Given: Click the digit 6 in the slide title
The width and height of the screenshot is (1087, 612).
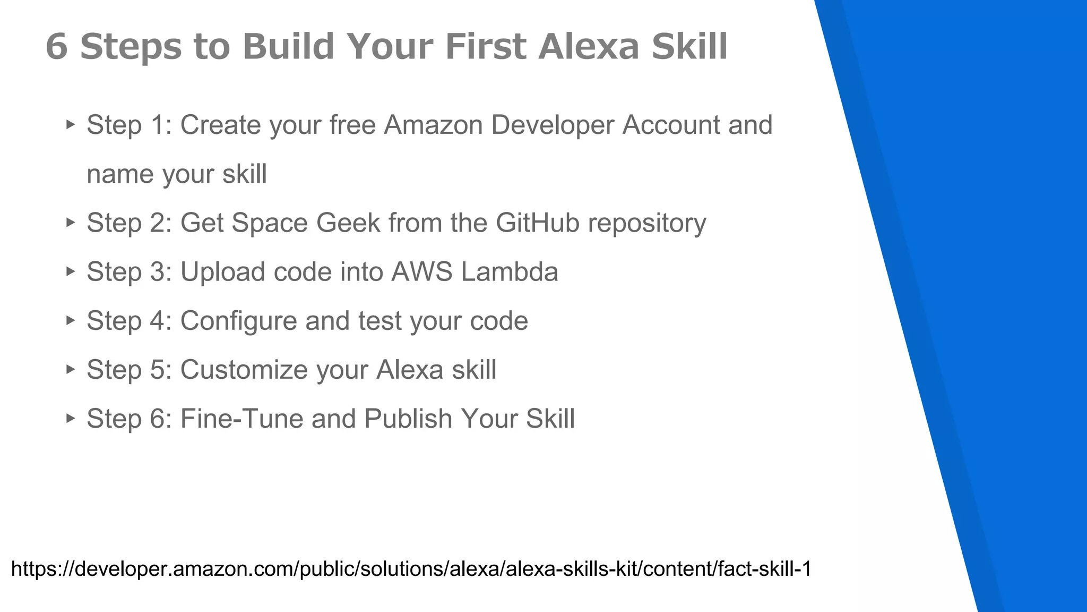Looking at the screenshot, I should pyautogui.click(x=57, y=46).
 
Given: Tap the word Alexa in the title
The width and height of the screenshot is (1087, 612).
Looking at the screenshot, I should pyautogui.click(x=588, y=46).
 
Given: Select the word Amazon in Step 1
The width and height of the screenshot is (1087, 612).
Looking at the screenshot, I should pyautogui.click(x=433, y=125).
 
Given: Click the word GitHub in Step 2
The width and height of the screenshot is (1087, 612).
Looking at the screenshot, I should pyautogui.click(x=537, y=223).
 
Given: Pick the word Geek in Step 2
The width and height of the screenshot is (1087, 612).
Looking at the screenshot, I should pyautogui.click(x=348, y=223).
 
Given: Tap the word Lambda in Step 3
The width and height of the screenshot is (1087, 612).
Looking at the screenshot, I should pyautogui.click(x=509, y=271).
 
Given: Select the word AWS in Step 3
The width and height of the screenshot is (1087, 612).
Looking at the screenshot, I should pyautogui.click(x=422, y=271).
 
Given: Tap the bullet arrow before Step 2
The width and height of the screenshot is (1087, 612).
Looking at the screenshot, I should pyautogui.click(x=71, y=222).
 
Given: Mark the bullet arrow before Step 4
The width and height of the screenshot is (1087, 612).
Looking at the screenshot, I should pyautogui.click(x=71, y=320).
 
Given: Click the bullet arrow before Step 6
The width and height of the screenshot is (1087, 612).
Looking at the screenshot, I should pyautogui.click(x=71, y=418).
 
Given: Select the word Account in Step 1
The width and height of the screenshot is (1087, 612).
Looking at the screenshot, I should pyautogui.click(x=671, y=125).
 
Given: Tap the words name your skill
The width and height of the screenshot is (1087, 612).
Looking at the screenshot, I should pyautogui.click(x=177, y=174).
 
